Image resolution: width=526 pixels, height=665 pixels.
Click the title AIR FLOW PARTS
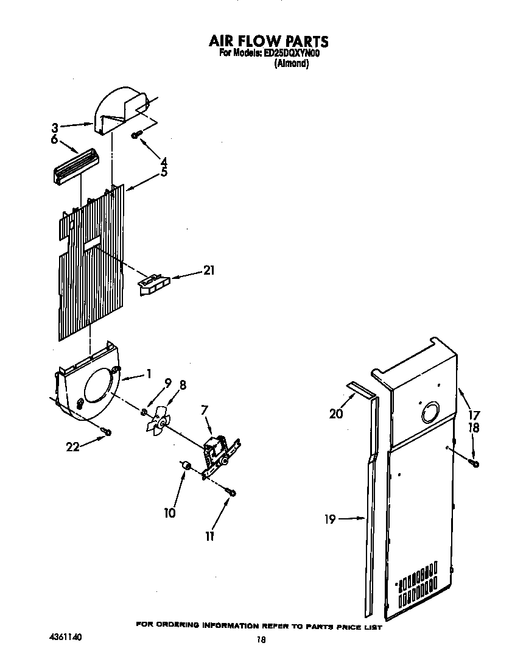(x=268, y=41)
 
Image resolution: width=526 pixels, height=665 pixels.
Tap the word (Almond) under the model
(x=292, y=63)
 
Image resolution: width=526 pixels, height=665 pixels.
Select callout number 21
(x=209, y=271)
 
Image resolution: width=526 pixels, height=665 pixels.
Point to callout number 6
(x=54, y=139)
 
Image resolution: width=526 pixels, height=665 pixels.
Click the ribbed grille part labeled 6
(x=75, y=165)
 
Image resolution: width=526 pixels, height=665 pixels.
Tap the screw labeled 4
(x=136, y=134)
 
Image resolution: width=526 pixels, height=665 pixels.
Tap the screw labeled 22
(x=107, y=432)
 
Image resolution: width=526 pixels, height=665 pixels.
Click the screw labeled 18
(x=475, y=463)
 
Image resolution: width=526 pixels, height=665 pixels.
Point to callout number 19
(x=329, y=519)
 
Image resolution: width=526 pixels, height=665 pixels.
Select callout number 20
(x=336, y=414)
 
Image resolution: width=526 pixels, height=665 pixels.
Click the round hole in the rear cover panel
(x=430, y=412)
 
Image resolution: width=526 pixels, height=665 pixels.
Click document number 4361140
(x=65, y=637)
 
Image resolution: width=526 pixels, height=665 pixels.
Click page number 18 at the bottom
(x=262, y=640)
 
